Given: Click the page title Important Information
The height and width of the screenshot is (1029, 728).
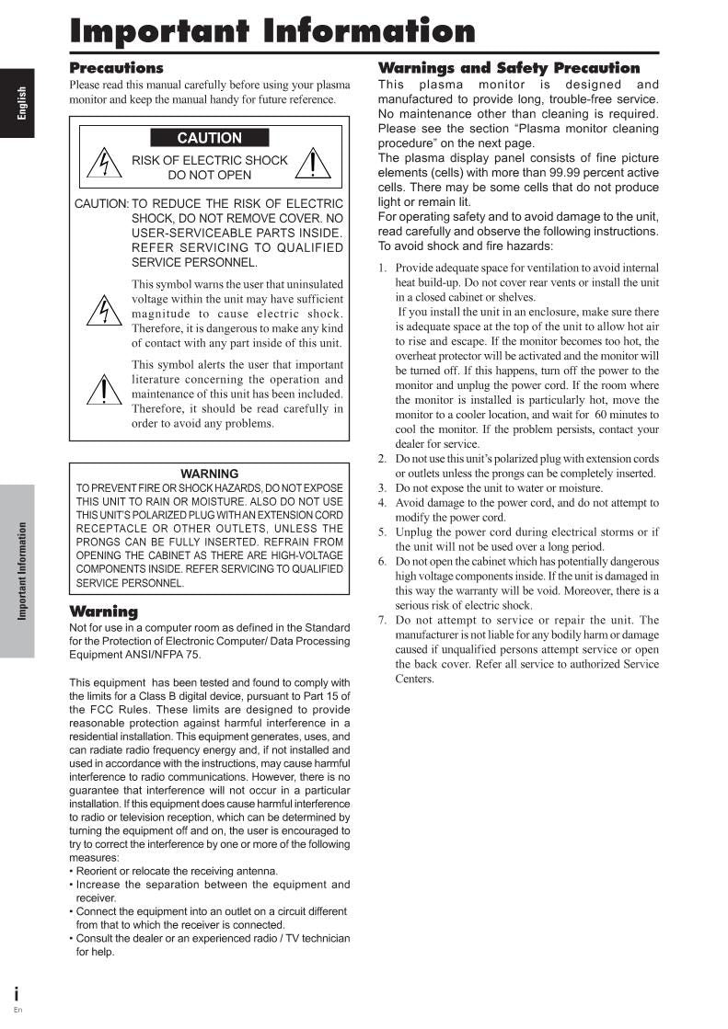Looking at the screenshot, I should [x=273, y=31].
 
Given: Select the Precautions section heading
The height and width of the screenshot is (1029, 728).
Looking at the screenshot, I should [x=117, y=68].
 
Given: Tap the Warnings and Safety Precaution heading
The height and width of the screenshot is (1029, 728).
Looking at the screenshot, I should [x=509, y=68].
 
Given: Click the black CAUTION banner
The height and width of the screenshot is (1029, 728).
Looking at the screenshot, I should [x=210, y=138].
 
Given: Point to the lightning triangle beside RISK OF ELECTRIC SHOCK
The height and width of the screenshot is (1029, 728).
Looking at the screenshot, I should [x=104, y=166].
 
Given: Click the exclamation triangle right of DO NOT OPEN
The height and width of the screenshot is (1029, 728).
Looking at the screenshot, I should [x=315, y=164].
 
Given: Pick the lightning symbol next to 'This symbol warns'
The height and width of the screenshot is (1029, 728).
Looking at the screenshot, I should [x=104, y=312].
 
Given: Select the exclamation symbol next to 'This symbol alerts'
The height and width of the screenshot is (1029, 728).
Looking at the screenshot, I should [x=104, y=391].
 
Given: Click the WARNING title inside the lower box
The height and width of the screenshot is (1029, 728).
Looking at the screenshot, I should [x=210, y=474].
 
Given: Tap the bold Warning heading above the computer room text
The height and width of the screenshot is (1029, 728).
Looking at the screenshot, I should [x=104, y=612].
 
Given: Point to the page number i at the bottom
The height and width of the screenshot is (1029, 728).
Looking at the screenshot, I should [x=17, y=994].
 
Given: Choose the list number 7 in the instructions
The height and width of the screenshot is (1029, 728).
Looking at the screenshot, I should [x=383, y=621].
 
